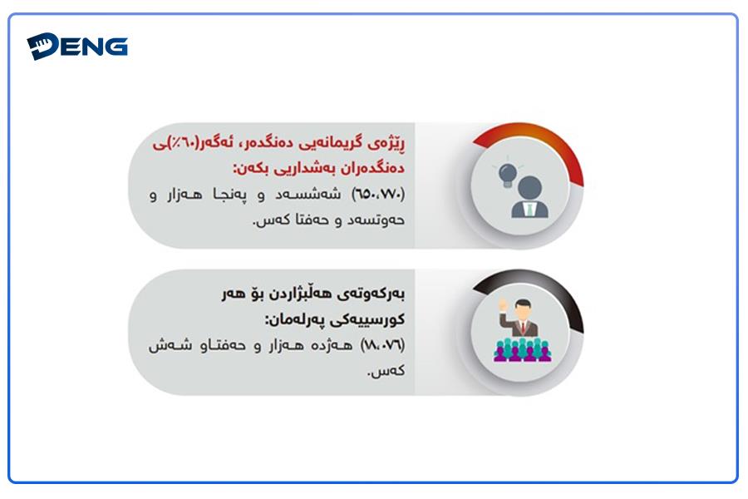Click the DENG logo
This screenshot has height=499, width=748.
point(77,47)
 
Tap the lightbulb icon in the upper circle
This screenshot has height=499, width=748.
point(508,175)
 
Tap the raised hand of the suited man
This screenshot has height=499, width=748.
point(503,305)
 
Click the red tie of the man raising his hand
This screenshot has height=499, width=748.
point(524,327)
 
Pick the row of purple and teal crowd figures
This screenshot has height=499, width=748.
point(523,349)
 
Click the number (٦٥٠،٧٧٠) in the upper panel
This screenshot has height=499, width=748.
point(378,194)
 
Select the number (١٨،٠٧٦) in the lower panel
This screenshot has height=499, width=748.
point(382,344)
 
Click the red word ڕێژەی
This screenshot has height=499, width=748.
point(389,143)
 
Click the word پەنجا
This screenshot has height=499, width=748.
point(230,195)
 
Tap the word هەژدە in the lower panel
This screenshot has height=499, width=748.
point(332,345)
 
